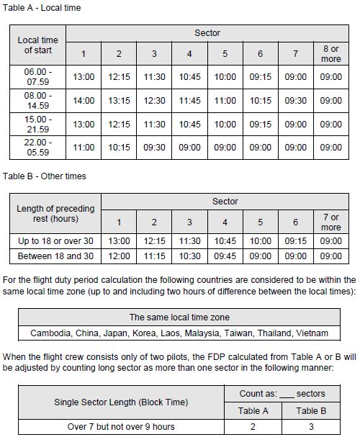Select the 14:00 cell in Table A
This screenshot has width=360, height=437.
pyautogui.click(x=84, y=101)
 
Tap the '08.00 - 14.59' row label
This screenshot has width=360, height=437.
pyautogui.click(x=38, y=101)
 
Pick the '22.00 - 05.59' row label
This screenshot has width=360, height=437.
pyautogui.click(x=38, y=147)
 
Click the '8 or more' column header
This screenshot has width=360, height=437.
pyautogui.click(x=331, y=54)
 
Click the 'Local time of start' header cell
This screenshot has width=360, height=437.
pyautogui.click(x=38, y=45)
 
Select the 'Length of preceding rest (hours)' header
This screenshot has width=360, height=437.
pyautogui.click(x=55, y=214)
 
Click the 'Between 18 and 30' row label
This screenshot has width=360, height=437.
pyautogui.click(x=55, y=256)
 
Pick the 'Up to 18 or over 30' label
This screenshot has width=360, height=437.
pyautogui.click(x=55, y=241)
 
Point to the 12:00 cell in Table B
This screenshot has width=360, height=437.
pyautogui.click(x=120, y=256)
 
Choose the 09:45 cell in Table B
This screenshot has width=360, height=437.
pyautogui.click(x=225, y=256)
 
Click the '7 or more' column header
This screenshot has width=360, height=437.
pyautogui.click(x=330, y=222)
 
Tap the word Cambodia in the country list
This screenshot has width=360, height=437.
pyautogui.click(x=53, y=333)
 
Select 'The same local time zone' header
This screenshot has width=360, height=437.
pyautogui.click(x=179, y=317)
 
